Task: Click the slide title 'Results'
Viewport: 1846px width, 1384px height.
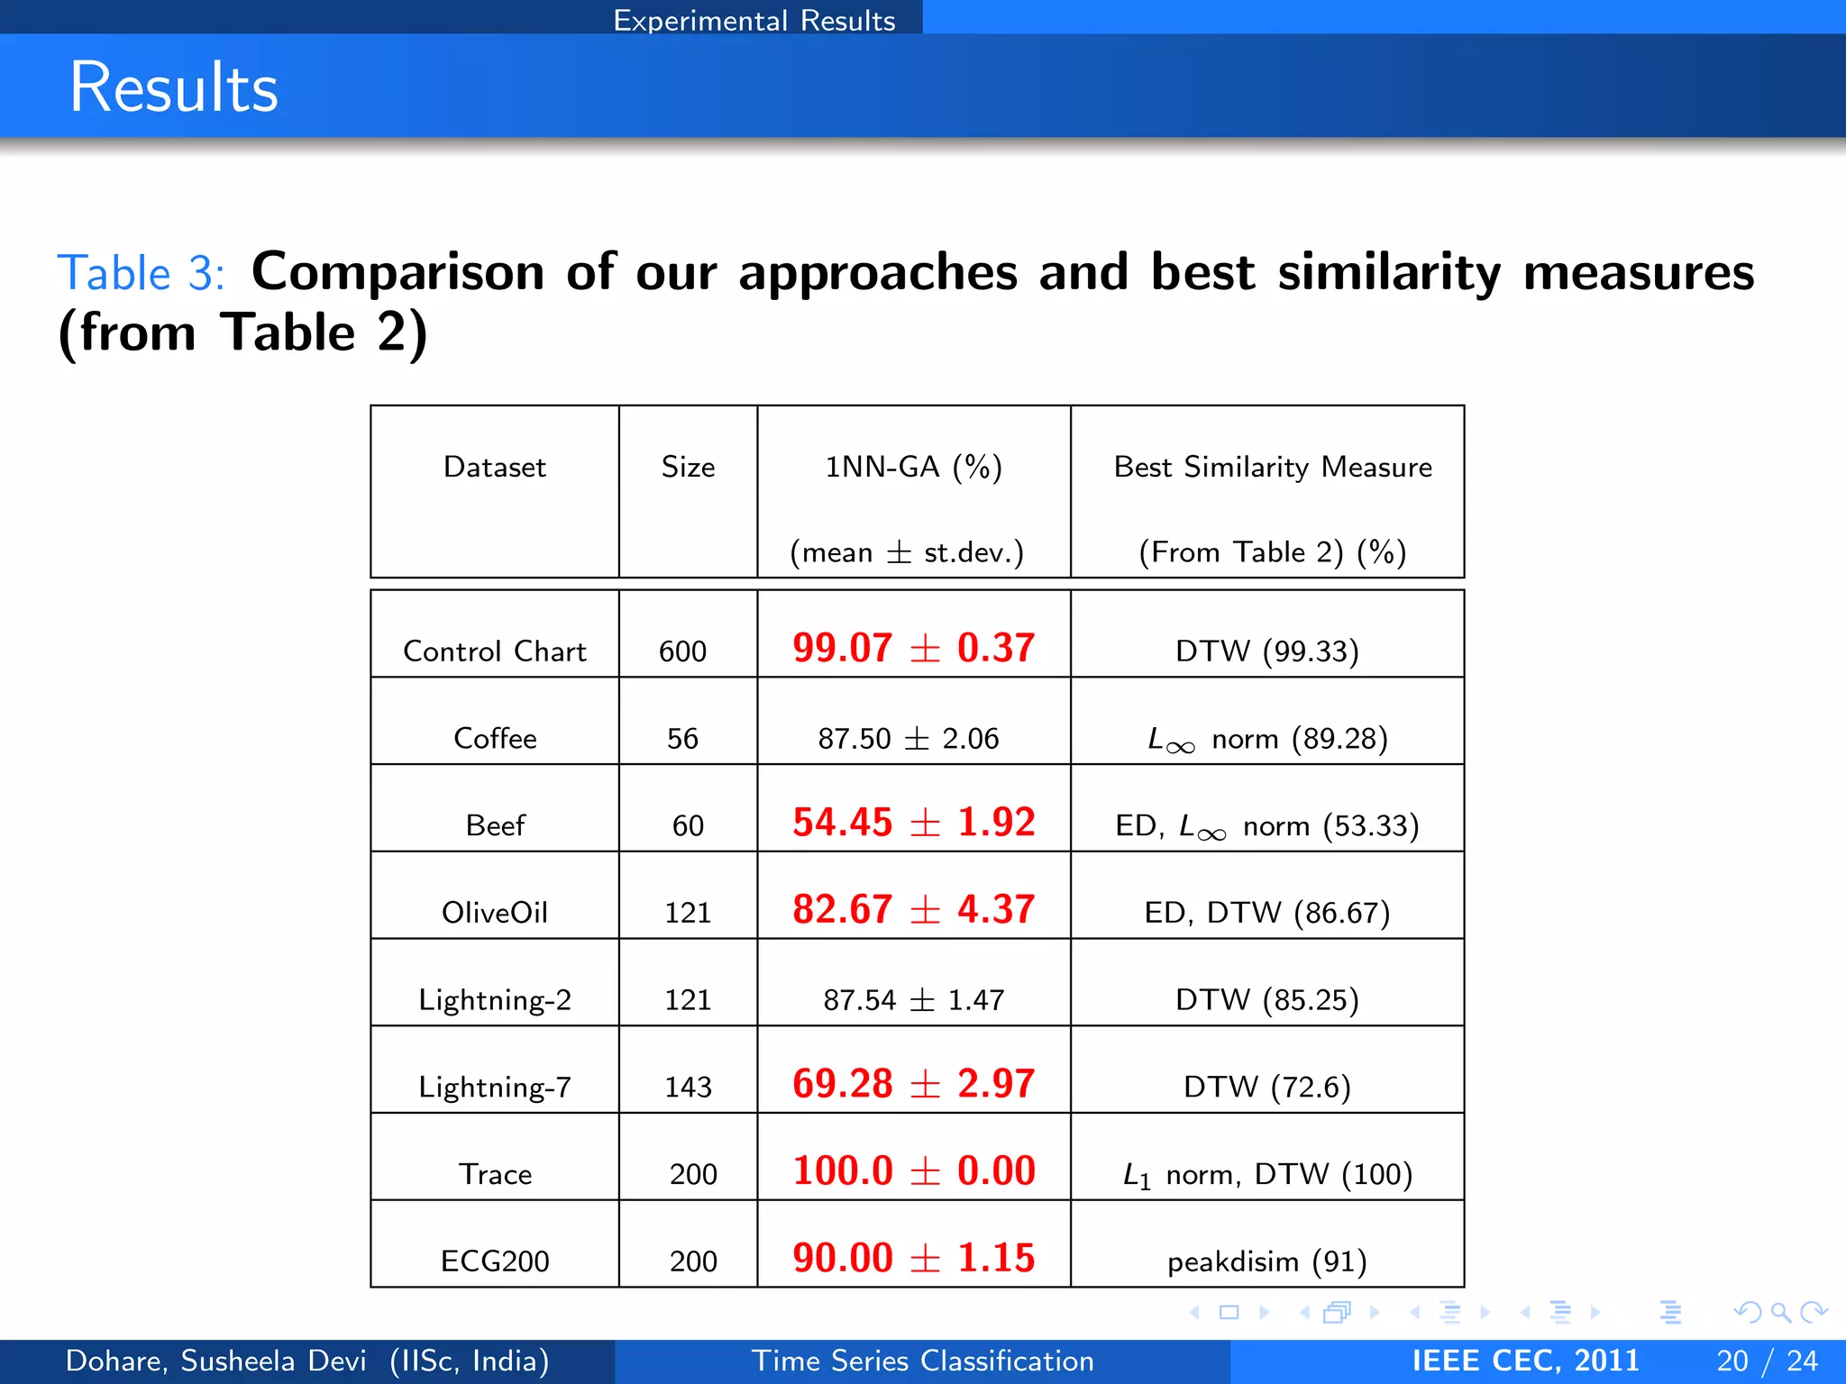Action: point(174,87)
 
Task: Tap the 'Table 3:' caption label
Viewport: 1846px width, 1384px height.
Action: point(141,273)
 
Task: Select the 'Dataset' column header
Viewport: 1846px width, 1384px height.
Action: point(494,467)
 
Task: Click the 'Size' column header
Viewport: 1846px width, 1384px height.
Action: point(688,467)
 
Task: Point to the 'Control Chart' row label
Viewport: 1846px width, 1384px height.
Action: point(494,651)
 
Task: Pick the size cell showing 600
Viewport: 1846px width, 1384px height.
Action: point(682,651)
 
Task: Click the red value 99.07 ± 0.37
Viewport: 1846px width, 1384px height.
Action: point(913,648)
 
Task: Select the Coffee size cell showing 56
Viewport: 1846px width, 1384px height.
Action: point(682,738)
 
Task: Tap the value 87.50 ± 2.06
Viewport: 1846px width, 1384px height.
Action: point(909,738)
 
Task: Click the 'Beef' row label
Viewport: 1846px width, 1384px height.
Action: point(495,824)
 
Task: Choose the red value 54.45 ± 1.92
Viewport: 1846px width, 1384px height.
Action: point(913,822)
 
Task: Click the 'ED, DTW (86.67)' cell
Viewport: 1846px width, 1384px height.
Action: point(1266,912)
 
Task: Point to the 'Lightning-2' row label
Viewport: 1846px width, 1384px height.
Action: point(495,999)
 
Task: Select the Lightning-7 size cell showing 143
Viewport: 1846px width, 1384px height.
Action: point(688,1087)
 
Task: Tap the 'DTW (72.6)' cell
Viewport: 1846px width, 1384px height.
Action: point(1266,1087)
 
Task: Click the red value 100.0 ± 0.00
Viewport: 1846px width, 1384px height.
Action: point(913,1170)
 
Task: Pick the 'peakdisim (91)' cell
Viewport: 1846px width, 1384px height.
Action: point(1266,1261)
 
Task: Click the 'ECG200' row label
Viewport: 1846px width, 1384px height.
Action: point(495,1261)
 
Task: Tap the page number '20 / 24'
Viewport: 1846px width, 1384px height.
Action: point(1767,1361)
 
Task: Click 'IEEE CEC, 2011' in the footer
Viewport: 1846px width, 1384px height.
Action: point(1525,1361)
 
